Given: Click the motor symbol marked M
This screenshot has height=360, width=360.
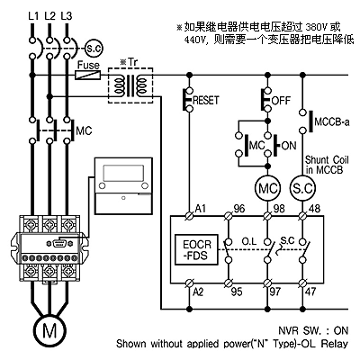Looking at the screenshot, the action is coord(49,330).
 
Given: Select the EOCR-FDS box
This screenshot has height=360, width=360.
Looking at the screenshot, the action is coord(196,249).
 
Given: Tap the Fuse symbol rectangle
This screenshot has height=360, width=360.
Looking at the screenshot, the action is coord(87,75).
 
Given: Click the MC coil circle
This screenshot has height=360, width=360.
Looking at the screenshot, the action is coord(268,188).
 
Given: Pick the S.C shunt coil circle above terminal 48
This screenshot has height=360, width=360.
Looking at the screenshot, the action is coord(302,188).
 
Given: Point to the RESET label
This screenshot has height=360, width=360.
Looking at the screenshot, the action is coord(206,100).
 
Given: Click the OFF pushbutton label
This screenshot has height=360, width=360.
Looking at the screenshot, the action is coord(281,100).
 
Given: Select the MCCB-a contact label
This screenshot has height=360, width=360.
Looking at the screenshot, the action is coord(332,122).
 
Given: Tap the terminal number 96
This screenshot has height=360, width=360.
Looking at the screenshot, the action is coord(239,209).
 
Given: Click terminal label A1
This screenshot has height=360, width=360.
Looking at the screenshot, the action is coord(201,208).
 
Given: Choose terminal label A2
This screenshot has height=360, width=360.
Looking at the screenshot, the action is coord(198,292).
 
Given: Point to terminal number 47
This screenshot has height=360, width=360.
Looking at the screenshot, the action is coord(310,292).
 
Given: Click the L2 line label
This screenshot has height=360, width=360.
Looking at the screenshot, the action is coord(50,16).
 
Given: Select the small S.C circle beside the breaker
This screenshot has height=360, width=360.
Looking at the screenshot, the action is coord(94,48).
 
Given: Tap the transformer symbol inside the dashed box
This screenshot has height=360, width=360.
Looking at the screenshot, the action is coord(130,85).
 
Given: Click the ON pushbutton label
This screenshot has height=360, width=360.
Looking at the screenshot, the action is coord(289,146).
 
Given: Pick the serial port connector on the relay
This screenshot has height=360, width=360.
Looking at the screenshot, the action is coord(58,243).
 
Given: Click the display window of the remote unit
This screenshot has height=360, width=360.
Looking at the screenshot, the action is coord(123,173).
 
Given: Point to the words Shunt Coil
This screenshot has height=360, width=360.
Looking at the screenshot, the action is coord(327,159).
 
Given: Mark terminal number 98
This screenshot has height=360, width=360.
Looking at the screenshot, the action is coord(279,209).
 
